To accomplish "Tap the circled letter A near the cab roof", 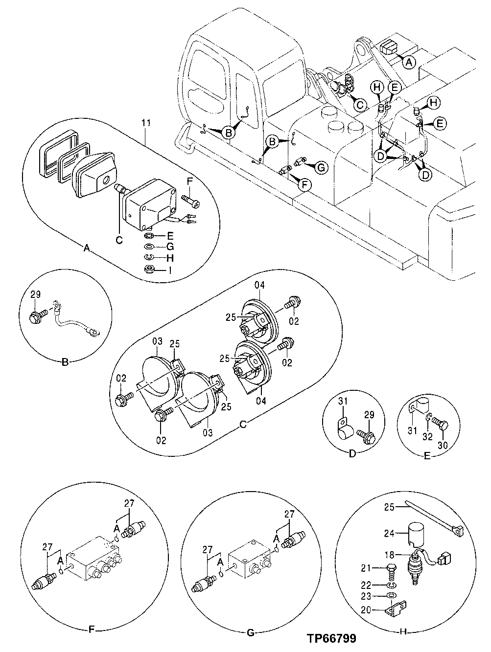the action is tap(409, 62).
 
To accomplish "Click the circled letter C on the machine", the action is tap(359, 104).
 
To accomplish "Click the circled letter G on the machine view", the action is tap(320, 168).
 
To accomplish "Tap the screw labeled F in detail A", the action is tap(188, 200).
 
